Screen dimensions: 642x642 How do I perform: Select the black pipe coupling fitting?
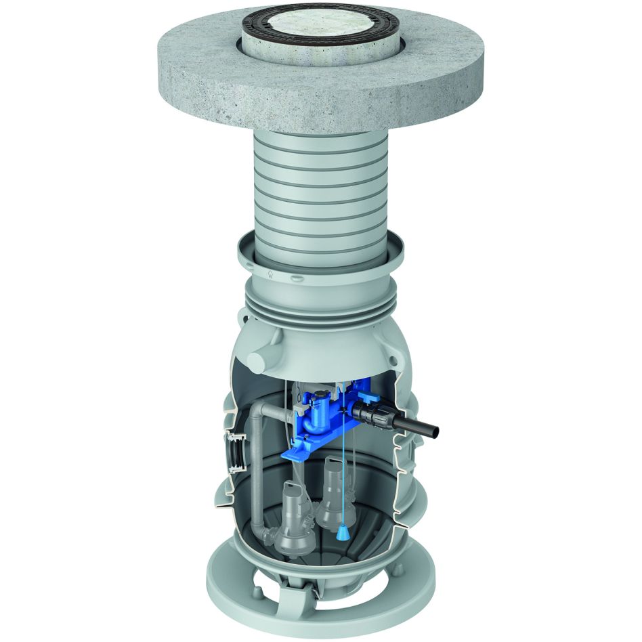point(370,410)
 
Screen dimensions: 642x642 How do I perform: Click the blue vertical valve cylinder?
point(317,416)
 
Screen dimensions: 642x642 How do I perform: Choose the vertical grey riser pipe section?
point(259,474)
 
